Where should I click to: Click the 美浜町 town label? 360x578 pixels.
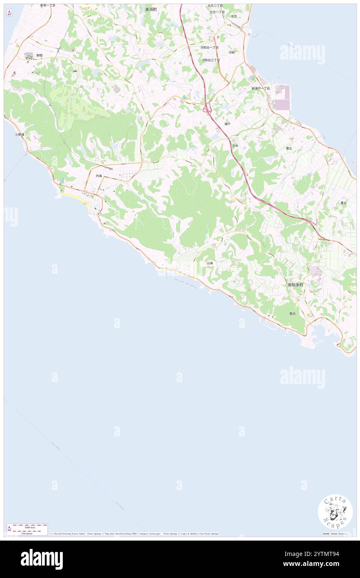151,9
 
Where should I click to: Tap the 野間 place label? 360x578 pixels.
39,55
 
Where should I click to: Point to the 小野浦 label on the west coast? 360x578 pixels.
20,135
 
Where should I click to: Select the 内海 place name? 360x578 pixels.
99,176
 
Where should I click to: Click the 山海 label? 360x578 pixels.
210,263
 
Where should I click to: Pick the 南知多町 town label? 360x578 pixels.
296,285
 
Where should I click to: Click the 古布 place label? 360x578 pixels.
235,146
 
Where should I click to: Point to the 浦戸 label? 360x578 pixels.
227,124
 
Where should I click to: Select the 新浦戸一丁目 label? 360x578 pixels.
261,89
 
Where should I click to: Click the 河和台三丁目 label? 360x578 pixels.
211,60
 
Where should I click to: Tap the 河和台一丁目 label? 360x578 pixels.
210,48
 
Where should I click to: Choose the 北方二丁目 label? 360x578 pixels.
215,6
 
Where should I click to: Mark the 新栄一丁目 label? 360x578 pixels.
48,5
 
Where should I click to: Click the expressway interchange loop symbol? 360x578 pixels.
206,110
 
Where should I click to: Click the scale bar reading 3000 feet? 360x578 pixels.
27,526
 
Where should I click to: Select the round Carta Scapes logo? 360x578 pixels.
335,511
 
